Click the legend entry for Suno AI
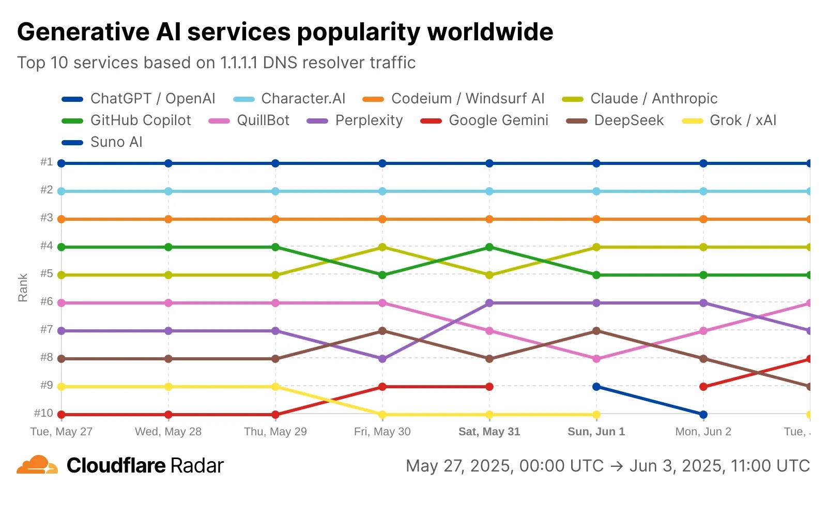116,142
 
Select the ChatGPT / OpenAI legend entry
152,99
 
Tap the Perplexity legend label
369,120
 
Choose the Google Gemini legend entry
498,120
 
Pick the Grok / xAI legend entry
743,120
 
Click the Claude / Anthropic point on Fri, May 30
382,247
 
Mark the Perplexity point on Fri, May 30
382,359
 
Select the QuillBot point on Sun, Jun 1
596,359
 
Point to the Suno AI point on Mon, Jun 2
703,415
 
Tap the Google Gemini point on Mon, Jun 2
703,387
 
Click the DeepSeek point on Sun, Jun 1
596,331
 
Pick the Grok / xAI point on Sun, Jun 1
596,415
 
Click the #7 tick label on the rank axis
47,329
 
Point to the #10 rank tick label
44,413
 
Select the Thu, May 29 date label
275,432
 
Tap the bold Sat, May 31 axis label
489,432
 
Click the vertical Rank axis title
23,288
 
